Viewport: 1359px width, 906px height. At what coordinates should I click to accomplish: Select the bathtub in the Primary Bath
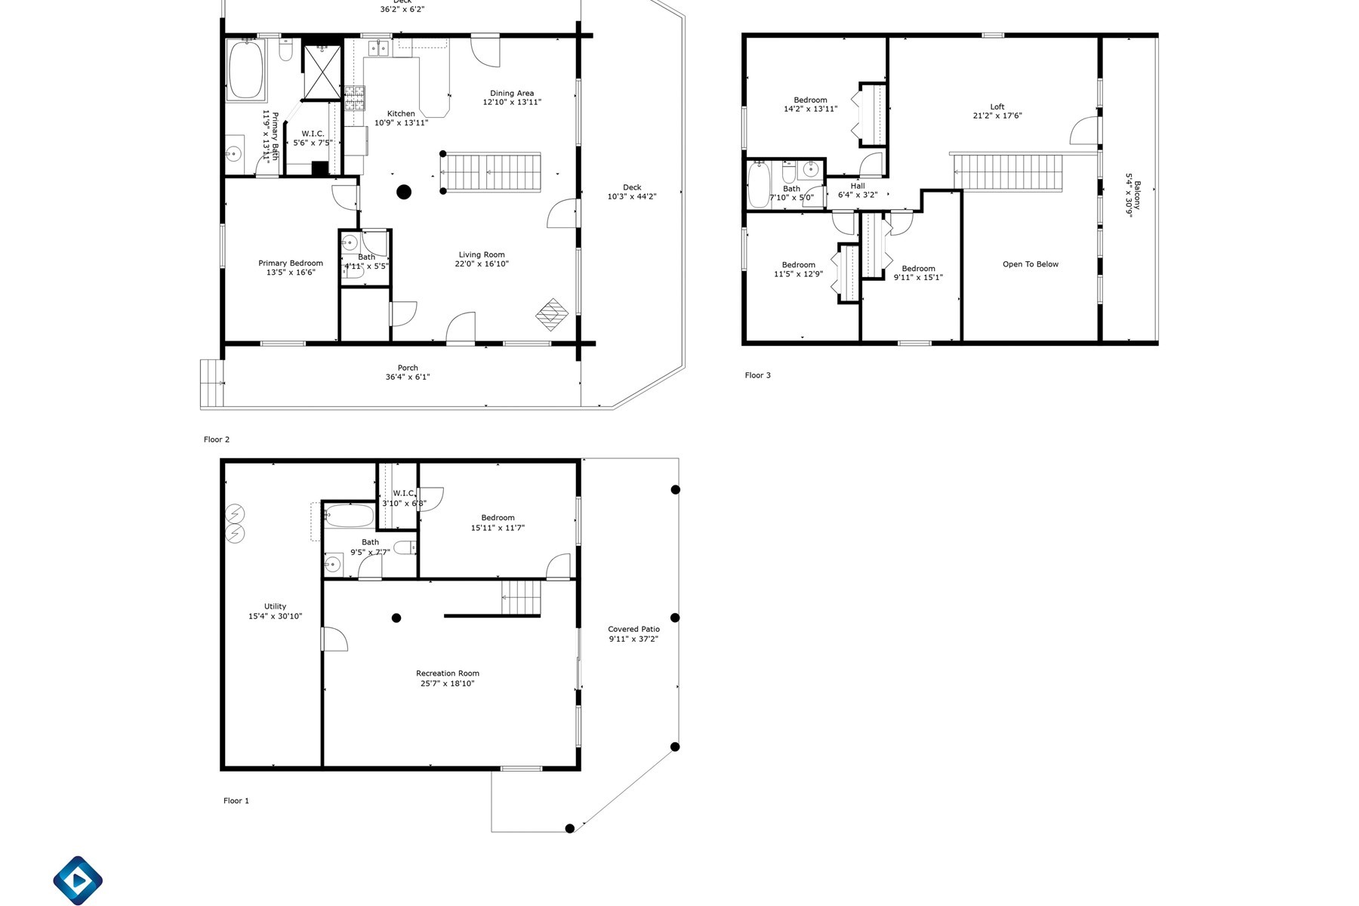tap(246, 70)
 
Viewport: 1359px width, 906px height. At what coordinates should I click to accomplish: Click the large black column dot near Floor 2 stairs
tap(404, 192)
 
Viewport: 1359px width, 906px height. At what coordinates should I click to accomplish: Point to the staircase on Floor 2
tap(491, 172)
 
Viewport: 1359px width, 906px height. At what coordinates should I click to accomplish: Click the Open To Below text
tap(1031, 264)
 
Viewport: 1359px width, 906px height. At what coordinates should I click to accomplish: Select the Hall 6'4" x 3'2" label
tap(858, 190)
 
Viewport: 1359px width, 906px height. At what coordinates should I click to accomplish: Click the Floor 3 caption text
tap(757, 375)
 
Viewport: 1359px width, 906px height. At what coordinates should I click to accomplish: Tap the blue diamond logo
tap(78, 880)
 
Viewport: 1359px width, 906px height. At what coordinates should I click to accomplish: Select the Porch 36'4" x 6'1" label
tap(408, 372)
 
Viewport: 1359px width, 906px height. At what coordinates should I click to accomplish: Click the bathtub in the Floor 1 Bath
tap(349, 516)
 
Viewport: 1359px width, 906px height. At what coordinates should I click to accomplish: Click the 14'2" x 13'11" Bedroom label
tap(810, 104)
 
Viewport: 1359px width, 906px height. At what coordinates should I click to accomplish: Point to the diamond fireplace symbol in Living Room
tap(552, 314)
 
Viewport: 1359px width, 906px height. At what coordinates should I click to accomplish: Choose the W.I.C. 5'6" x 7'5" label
tap(313, 138)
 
